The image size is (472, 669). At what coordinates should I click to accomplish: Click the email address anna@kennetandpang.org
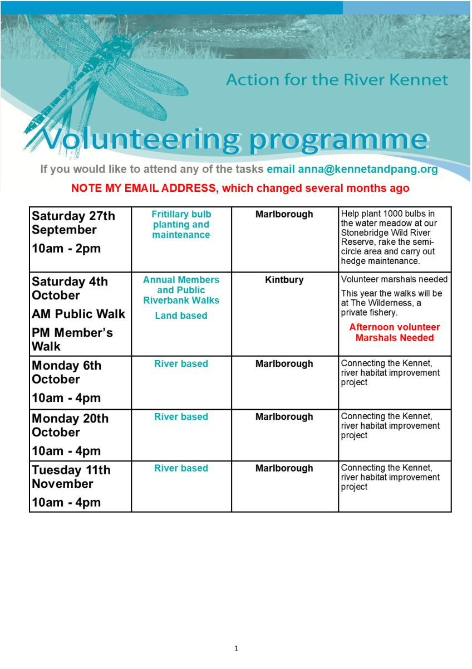coord(368,169)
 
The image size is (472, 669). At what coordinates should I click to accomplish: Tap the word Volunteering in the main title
coord(141,139)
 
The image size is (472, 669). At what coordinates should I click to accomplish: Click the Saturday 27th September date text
coord(73,223)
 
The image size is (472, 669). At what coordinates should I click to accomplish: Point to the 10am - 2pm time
coord(66,248)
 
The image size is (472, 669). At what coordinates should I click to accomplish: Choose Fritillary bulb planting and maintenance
coord(181,224)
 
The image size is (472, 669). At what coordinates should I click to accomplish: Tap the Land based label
coord(181,316)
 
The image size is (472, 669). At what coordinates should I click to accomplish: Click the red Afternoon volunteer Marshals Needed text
coord(395,332)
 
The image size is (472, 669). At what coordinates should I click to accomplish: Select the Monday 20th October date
coord(70,425)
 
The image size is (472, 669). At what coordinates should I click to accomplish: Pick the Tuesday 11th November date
coord(71,477)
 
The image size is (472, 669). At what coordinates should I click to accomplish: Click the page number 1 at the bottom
coord(236,648)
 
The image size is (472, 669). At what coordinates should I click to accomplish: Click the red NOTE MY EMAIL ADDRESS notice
coord(240,188)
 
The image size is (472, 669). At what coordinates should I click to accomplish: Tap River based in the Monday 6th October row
coord(181,363)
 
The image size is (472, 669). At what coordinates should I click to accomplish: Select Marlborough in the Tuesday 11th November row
coord(284,468)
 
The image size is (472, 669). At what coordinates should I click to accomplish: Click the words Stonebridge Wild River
coord(386,232)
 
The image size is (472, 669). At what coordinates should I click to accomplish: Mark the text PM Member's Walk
coord(72,340)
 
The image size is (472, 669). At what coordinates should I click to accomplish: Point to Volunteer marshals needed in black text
coord(394,279)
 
